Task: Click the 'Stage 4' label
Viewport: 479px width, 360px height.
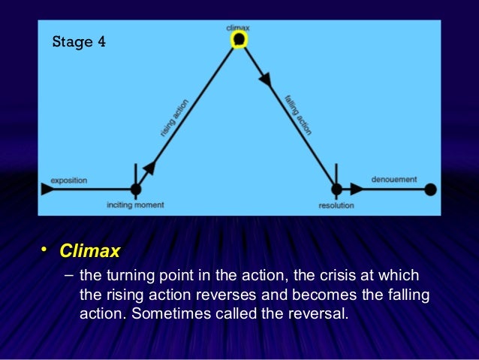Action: coord(78,41)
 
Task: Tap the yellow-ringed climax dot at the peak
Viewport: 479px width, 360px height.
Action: coord(239,39)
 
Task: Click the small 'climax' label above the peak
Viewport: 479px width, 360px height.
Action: coord(238,27)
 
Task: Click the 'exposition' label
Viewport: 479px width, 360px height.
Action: coord(68,180)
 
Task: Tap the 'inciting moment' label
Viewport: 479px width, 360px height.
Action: coord(135,204)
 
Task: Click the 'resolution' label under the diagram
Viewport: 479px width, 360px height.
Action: coord(336,204)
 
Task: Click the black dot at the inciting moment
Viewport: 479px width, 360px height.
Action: coord(136,189)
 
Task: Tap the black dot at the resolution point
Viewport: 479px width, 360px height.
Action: coord(336,189)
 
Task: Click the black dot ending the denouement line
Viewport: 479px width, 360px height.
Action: coord(430,189)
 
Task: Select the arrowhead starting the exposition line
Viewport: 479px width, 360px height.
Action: coord(47,189)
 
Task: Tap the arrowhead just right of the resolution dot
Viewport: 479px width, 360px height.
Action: coord(356,189)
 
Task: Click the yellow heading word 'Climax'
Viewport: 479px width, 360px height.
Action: coord(90,250)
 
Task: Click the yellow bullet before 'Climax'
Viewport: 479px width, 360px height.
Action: coord(45,249)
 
